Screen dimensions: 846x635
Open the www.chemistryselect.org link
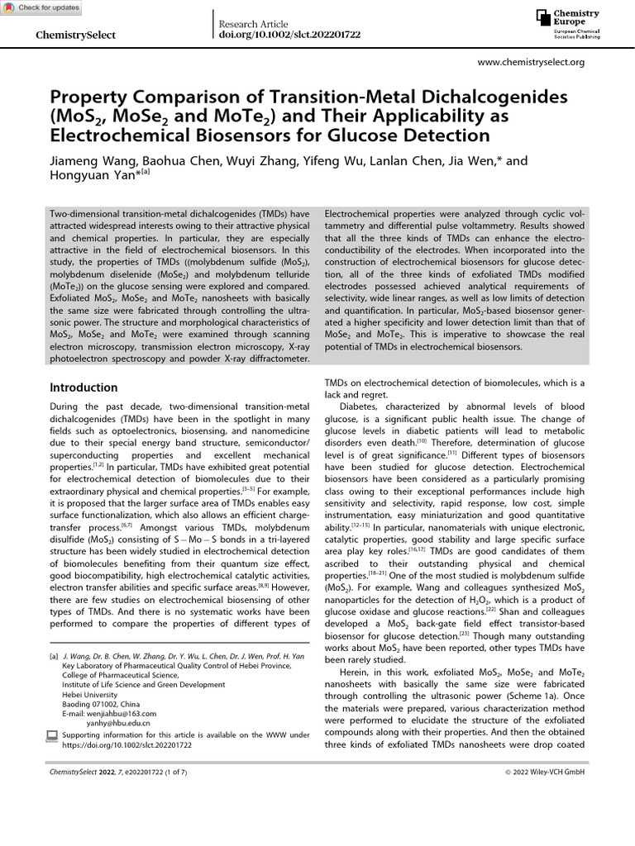pyautogui.click(x=532, y=62)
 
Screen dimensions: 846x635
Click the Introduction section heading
pyautogui.click(x=84, y=387)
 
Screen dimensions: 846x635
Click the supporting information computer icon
pyautogui.click(x=53, y=734)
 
